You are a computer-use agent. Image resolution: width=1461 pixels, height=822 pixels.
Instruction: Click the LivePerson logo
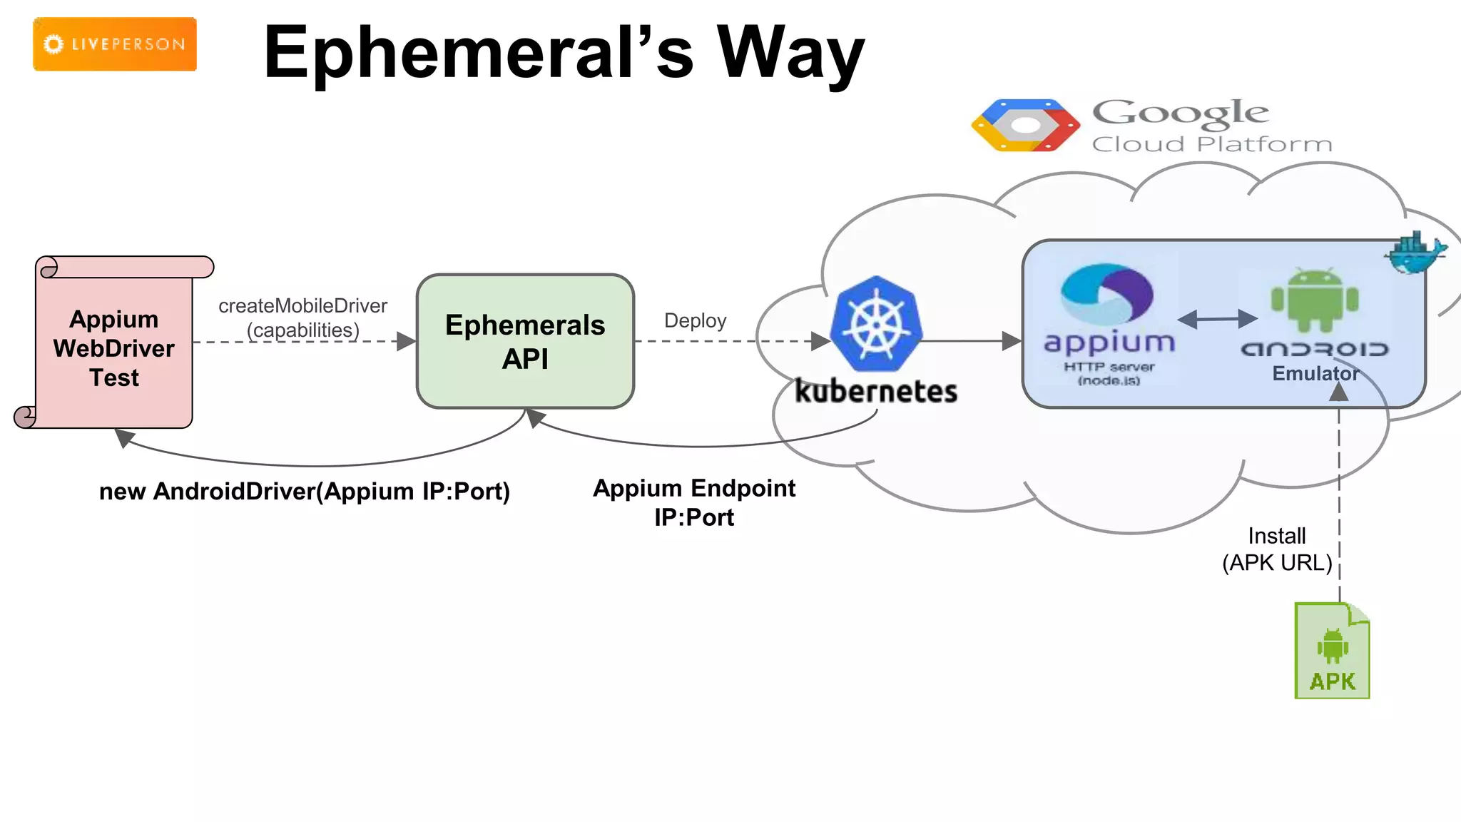tap(115, 44)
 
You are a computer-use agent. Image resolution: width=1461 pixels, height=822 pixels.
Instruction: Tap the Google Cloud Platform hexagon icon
tap(1025, 126)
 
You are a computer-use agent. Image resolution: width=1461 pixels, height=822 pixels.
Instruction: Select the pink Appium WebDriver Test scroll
tap(114, 347)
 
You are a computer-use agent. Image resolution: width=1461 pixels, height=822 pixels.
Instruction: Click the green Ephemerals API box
tap(525, 341)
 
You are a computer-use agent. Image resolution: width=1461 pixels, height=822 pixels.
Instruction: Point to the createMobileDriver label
tap(302, 306)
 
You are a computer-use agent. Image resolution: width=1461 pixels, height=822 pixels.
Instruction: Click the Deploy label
tap(695, 320)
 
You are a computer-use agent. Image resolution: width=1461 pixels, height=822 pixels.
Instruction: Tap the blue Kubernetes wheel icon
tap(877, 324)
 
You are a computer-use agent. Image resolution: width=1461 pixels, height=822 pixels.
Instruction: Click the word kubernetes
tap(876, 392)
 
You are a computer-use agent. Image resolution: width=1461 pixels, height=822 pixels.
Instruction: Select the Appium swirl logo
tap(1107, 294)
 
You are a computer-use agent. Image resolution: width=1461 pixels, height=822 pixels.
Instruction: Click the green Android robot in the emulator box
tap(1315, 300)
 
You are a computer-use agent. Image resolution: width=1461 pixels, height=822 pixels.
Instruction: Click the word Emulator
tap(1315, 373)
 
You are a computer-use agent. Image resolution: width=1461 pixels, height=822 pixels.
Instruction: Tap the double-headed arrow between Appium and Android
tap(1217, 319)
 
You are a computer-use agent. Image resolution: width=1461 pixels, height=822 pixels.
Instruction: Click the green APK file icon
tap(1332, 651)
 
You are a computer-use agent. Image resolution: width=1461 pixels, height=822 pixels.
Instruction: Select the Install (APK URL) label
tap(1277, 549)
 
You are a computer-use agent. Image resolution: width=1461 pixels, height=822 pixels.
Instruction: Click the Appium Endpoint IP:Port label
tap(694, 502)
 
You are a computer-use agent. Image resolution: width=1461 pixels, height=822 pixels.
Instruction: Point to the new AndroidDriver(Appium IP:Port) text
tap(305, 492)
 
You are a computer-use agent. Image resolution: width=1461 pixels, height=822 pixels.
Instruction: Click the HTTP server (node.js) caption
tap(1109, 373)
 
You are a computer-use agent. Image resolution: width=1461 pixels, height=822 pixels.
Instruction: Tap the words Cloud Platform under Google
tap(1212, 144)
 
